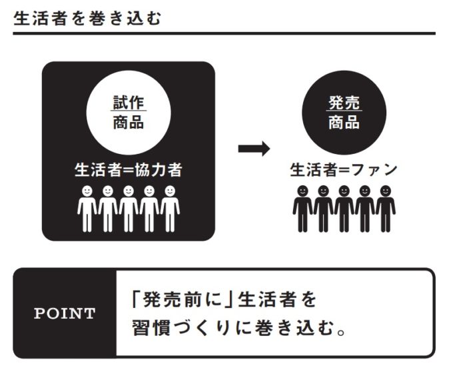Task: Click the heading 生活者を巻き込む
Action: point(87,16)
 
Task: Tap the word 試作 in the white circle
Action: point(128,103)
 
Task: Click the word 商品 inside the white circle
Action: point(128,123)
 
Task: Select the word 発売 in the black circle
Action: point(344,103)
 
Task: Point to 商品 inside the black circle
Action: point(344,123)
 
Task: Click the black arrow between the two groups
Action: point(254,149)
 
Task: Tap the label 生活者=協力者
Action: point(128,170)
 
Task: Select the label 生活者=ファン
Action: point(344,170)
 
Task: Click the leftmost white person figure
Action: point(87,208)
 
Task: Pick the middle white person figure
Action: point(129,208)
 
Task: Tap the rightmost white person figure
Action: point(170,208)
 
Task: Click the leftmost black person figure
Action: point(302,208)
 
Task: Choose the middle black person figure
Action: point(344,208)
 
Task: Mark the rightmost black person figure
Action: point(385,208)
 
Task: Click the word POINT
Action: point(65,314)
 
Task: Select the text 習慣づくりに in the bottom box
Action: point(189,329)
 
